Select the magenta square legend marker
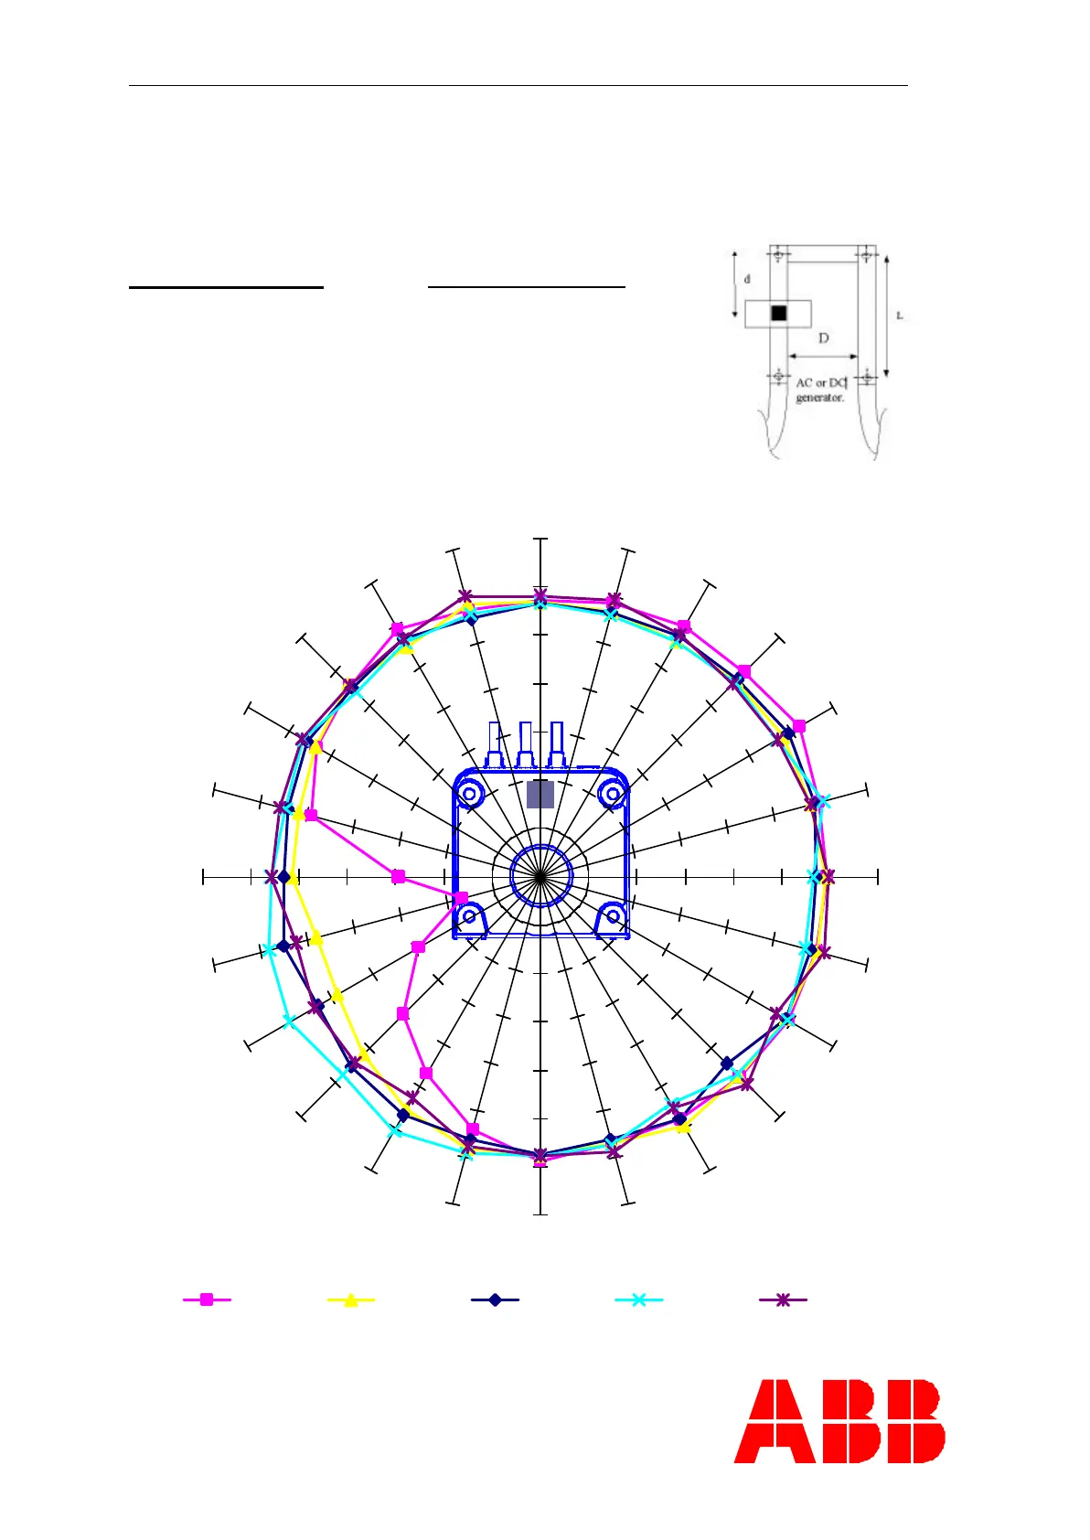pos(206,1299)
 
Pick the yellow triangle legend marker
pos(350,1299)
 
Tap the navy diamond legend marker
pos(495,1299)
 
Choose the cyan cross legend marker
pos(638,1299)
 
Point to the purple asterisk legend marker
pos(783,1299)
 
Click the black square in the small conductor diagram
pos(778,313)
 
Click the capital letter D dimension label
pos(823,338)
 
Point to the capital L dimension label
pos(899,316)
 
